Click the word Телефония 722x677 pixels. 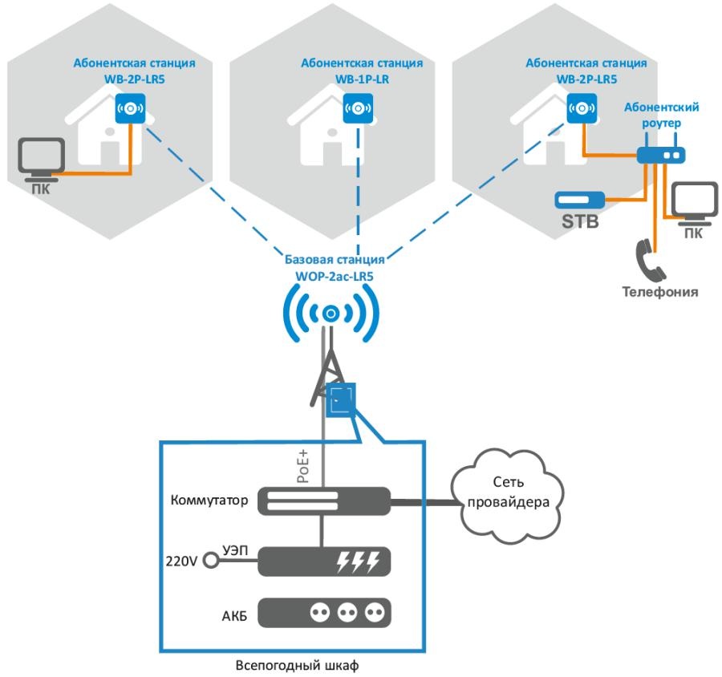click(x=659, y=292)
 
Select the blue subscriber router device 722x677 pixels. click(x=663, y=155)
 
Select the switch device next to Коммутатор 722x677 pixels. click(x=322, y=501)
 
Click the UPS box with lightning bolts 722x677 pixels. click(x=322, y=561)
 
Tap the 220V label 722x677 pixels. click(x=180, y=561)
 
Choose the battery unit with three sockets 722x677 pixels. click(x=322, y=613)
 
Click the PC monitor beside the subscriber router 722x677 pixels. click(x=693, y=205)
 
